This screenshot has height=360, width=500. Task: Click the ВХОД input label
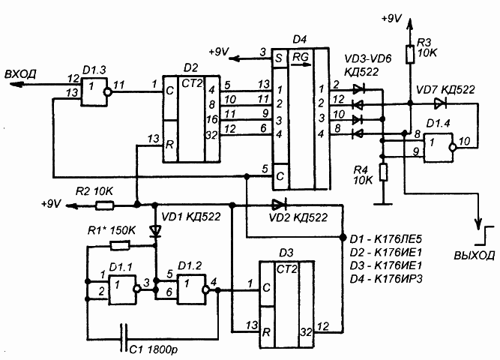(x=20, y=74)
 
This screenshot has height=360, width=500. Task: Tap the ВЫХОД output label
(x=475, y=255)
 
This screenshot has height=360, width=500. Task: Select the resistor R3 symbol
(x=410, y=54)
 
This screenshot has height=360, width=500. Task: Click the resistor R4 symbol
(x=384, y=172)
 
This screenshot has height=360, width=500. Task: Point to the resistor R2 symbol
(x=105, y=205)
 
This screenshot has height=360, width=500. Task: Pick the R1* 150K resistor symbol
(x=120, y=246)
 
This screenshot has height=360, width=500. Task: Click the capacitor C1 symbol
(x=124, y=338)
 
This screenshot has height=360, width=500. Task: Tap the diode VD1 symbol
(x=156, y=231)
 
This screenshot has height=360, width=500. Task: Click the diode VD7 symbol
(x=440, y=103)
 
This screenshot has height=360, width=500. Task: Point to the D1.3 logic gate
(x=97, y=92)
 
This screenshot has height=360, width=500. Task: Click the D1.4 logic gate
(x=439, y=148)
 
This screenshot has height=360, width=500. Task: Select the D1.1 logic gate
(x=124, y=289)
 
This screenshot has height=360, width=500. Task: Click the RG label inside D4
(x=301, y=58)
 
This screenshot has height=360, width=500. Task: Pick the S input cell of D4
(x=280, y=58)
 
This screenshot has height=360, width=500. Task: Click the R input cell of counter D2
(x=170, y=142)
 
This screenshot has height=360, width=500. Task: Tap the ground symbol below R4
(x=384, y=203)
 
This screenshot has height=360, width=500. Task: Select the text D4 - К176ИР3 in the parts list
(x=386, y=279)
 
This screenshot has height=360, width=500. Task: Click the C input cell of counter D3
(x=267, y=284)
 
